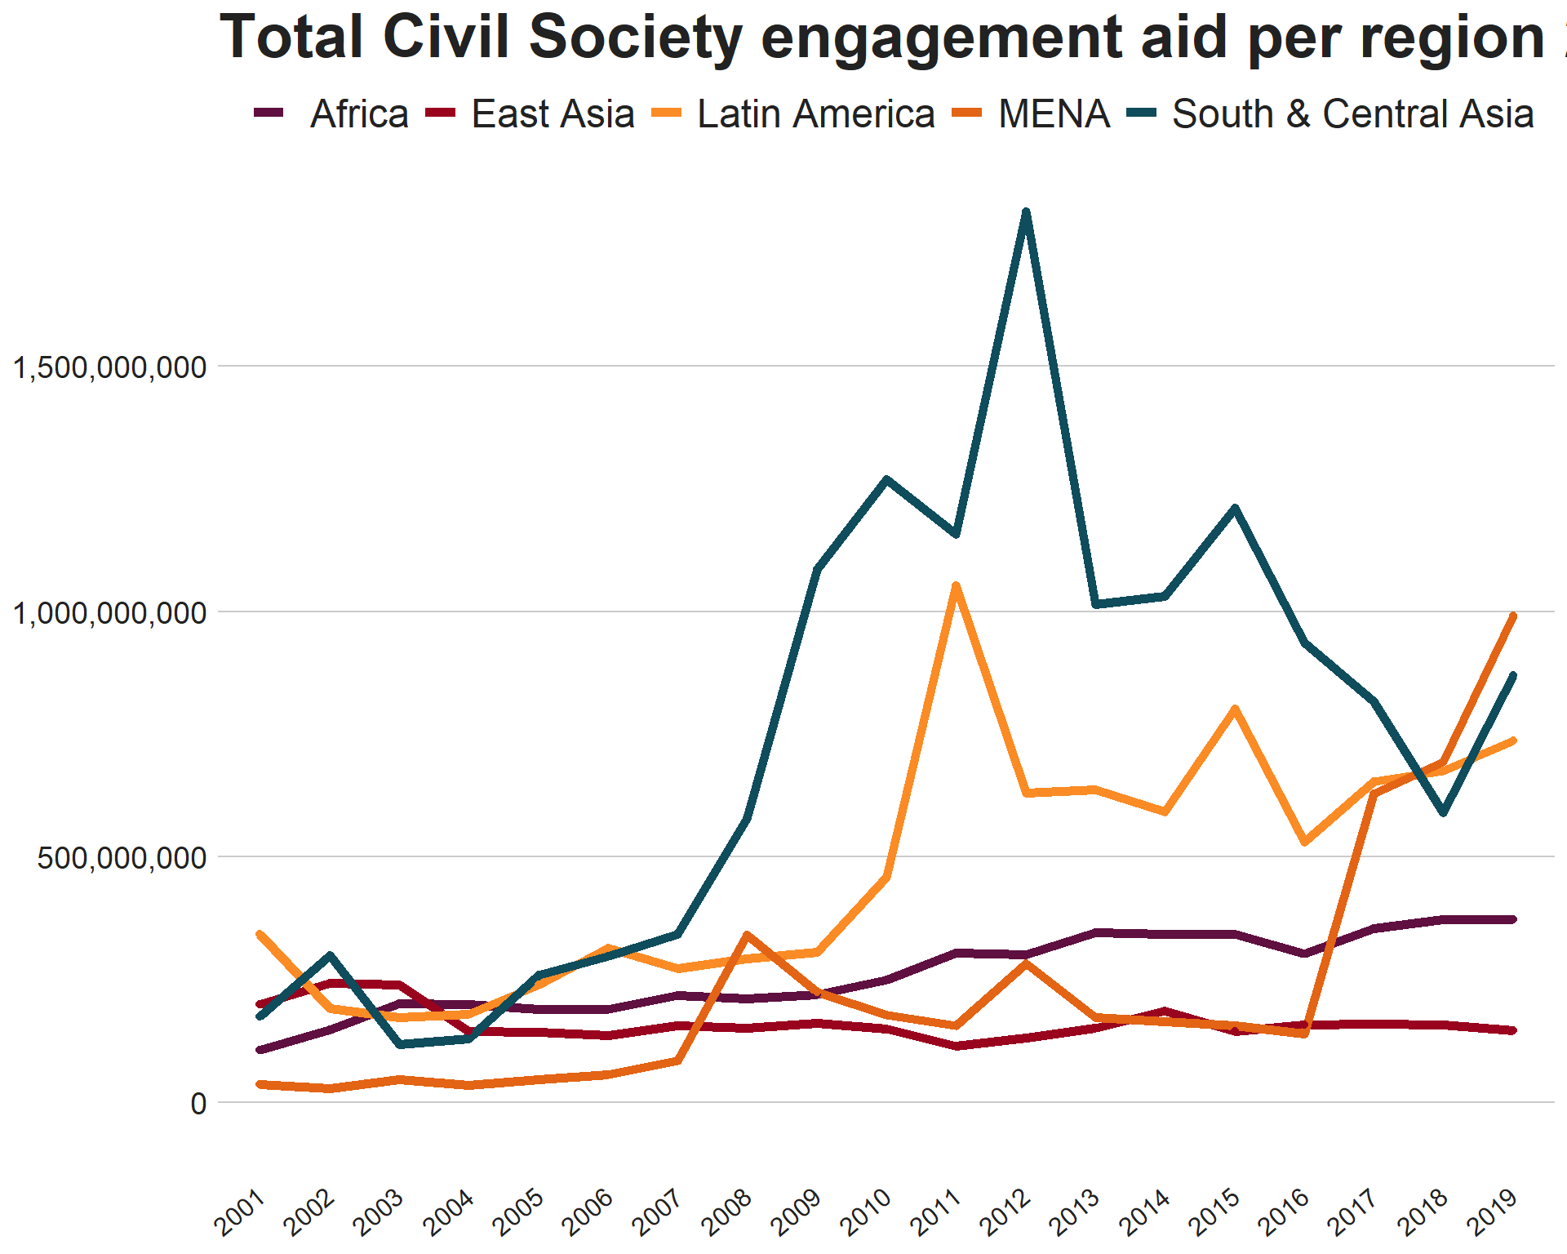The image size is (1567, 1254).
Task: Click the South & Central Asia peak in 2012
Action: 1026,212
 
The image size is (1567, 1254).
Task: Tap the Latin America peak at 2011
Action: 956,585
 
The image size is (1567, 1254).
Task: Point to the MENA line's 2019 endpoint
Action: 1513,616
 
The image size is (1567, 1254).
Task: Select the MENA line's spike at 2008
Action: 747,935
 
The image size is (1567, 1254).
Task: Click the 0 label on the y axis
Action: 198,1104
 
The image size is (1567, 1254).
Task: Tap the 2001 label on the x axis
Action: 240,1212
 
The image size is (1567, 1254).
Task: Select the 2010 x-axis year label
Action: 867,1212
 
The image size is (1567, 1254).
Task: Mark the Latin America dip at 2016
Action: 1305,842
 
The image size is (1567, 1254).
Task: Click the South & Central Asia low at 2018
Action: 1444,813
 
